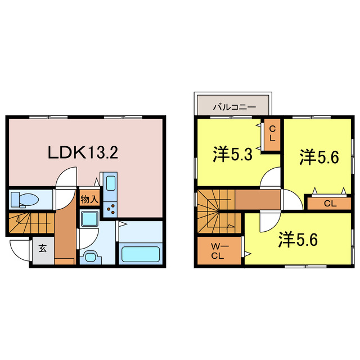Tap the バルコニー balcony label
click(x=234, y=106)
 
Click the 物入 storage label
click(x=89, y=199)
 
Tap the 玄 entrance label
click(x=43, y=248)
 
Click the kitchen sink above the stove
click(x=110, y=183)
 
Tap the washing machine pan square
click(x=88, y=219)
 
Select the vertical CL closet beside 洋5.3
click(x=272, y=135)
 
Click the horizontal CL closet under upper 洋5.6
click(x=329, y=202)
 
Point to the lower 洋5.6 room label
click(x=299, y=240)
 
